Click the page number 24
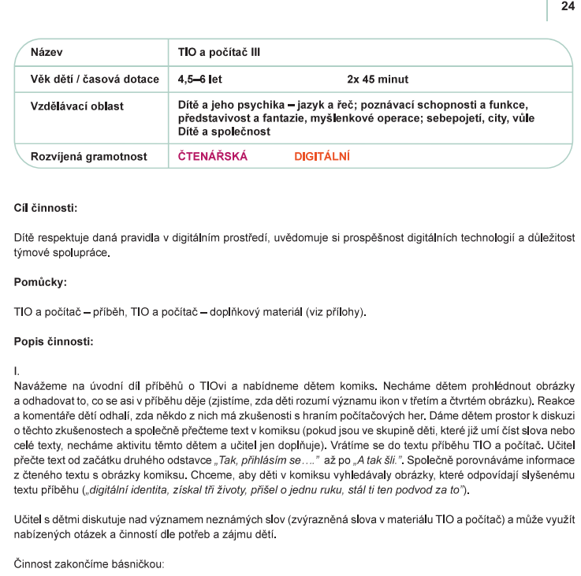[568, 7]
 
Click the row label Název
[47, 53]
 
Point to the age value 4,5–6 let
[201, 80]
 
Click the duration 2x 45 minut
[378, 80]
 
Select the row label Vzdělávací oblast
[76, 106]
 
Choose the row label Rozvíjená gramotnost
[88, 156]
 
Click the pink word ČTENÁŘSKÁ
[213, 156]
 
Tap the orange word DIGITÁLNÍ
[322, 156]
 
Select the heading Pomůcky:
[40, 281]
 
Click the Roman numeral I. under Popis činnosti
[17, 370]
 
